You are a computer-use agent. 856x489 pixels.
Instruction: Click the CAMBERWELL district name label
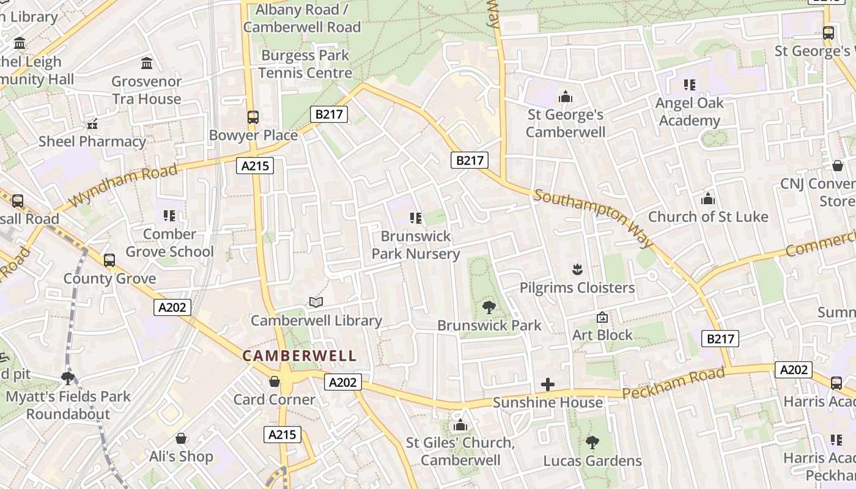pyautogui.click(x=299, y=356)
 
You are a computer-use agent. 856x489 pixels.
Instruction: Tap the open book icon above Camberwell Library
pyautogui.click(x=316, y=302)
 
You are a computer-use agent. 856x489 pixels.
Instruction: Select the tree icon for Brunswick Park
pyautogui.click(x=489, y=307)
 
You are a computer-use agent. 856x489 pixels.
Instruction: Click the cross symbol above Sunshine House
pyautogui.click(x=548, y=384)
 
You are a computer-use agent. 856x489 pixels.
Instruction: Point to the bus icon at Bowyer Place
pyautogui.click(x=253, y=117)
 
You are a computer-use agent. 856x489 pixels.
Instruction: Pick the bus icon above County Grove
pyautogui.click(x=109, y=260)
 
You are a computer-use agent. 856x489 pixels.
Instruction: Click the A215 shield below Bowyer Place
pyautogui.click(x=255, y=166)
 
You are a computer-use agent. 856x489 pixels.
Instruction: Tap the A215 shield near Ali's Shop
pyautogui.click(x=283, y=435)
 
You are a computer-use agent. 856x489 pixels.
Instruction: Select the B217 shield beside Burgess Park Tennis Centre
pyautogui.click(x=329, y=114)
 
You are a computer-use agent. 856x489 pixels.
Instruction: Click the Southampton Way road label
pyautogui.click(x=593, y=218)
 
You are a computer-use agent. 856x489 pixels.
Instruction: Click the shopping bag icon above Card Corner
pyautogui.click(x=275, y=382)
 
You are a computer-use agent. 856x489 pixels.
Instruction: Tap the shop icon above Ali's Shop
pyautogui.click(x=181, y=438)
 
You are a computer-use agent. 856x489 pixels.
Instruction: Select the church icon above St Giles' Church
pyautogui.click(x=460, y=425)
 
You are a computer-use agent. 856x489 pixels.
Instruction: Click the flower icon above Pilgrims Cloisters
pyautogui.click(x=577, y=269)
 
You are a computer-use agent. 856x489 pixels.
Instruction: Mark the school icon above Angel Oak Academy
pyautogui.click(x=690, y=85)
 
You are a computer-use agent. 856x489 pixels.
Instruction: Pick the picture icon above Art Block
pyautogui.click(x=602, y=317)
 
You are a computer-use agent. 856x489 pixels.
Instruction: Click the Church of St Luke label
pyautogui.click(x=708, y=217)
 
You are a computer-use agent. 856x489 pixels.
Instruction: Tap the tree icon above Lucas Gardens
pyautogui.click(x=592, y=443)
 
